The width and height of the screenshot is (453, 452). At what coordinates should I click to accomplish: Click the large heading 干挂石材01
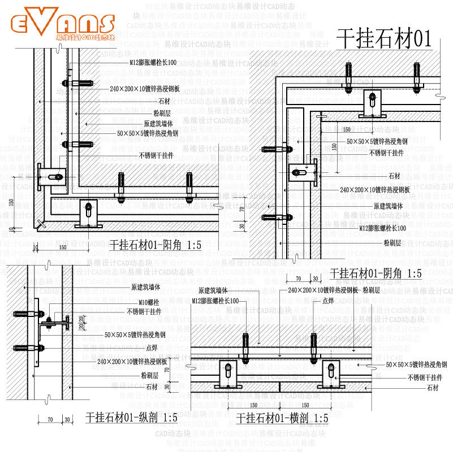coord(384,39)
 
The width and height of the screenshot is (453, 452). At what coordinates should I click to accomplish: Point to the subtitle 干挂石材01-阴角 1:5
coord(376,273)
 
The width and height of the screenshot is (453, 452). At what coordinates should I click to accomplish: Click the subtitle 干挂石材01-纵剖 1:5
coord(131,418)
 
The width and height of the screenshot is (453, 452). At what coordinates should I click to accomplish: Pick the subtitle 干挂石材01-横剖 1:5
coord(282,418)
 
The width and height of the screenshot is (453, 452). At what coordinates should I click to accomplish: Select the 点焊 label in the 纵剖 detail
coord(152,347)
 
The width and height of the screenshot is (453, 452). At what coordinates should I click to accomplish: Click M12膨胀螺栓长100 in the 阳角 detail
coord(153,62)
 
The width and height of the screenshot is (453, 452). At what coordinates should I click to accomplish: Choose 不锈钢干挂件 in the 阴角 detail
coord(386,153)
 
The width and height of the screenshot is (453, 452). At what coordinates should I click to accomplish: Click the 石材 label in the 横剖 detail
coord(433,388)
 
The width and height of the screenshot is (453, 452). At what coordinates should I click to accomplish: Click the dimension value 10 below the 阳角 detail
coord(36,247)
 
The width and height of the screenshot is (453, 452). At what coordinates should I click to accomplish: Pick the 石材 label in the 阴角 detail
coord(394,176)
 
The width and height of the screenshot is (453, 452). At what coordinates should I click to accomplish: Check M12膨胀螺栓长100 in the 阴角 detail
coord(383,228)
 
